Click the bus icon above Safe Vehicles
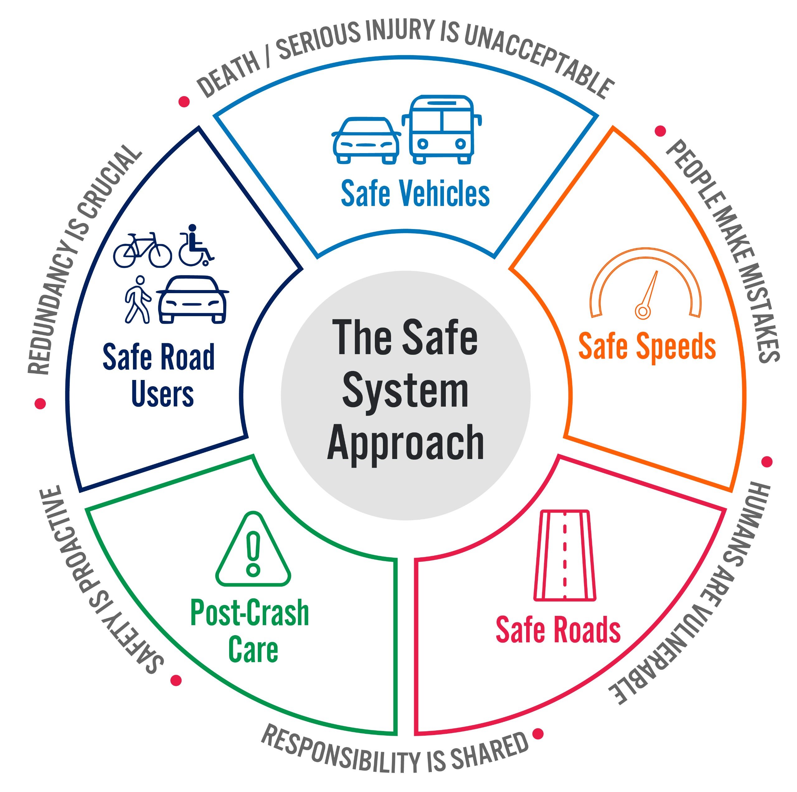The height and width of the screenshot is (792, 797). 441,130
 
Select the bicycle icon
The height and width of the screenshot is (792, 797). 142,250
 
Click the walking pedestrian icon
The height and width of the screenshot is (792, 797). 138,300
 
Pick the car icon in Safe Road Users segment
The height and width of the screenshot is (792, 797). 192,300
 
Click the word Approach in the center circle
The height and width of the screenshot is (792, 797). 406,443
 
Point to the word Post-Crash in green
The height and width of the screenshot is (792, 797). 250,613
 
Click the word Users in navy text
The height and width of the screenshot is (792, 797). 163,394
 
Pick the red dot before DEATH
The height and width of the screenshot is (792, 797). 184,101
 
